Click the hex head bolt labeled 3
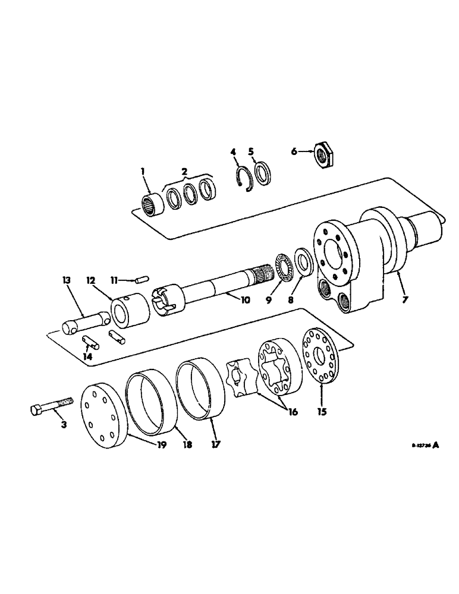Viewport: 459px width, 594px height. coord(50,406)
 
